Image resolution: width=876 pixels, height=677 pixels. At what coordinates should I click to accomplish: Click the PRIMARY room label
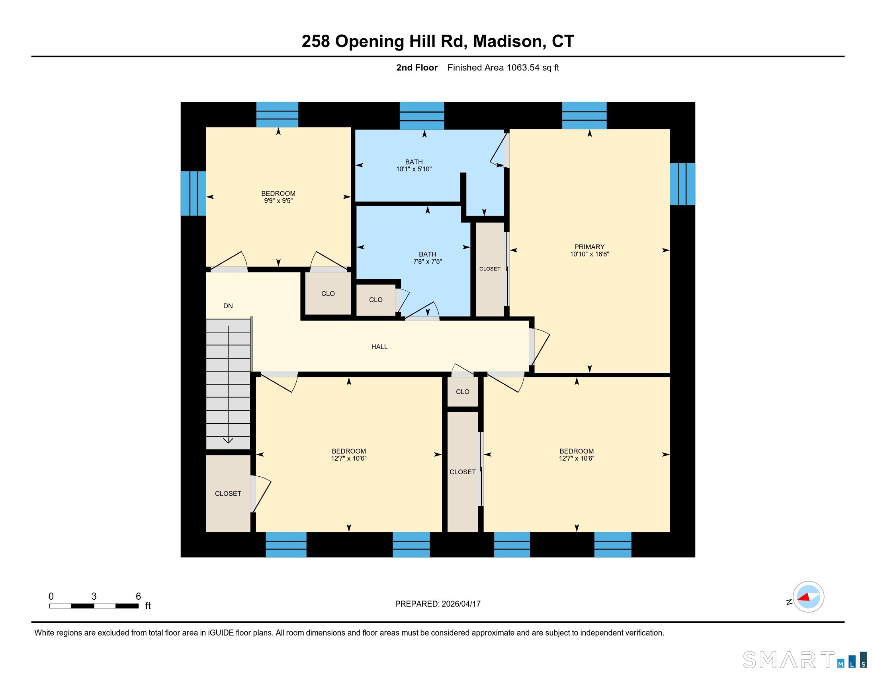589,247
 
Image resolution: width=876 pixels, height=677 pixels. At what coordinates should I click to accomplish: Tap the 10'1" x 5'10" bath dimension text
414,169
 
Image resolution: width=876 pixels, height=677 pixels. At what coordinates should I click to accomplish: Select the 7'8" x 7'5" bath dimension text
428,262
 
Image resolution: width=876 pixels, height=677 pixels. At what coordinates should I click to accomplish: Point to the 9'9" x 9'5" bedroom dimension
278,201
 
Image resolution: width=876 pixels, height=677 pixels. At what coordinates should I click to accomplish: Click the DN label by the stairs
228,306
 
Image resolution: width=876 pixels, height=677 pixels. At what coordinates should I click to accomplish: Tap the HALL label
379,347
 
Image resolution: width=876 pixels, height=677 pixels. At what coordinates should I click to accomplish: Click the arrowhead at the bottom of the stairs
228,440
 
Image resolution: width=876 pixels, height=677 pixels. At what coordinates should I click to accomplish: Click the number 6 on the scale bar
139,597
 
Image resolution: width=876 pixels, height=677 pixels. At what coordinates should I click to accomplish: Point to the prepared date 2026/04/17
461,604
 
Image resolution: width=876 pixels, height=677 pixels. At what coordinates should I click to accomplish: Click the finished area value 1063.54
523,67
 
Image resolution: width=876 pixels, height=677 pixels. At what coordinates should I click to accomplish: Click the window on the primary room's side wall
682,184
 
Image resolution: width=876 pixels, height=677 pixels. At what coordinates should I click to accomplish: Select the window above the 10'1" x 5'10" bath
422,115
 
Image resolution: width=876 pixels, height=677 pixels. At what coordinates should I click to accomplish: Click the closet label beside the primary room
490,269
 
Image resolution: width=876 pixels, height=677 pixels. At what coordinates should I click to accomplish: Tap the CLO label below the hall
462,392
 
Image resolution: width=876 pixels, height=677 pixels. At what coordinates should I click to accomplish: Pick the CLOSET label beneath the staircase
228,494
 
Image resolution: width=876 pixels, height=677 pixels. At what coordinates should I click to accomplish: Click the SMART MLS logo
805,659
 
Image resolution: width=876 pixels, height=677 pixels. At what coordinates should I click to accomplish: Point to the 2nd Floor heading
417,67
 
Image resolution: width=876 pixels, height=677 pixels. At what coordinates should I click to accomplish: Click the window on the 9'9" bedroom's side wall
194,193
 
